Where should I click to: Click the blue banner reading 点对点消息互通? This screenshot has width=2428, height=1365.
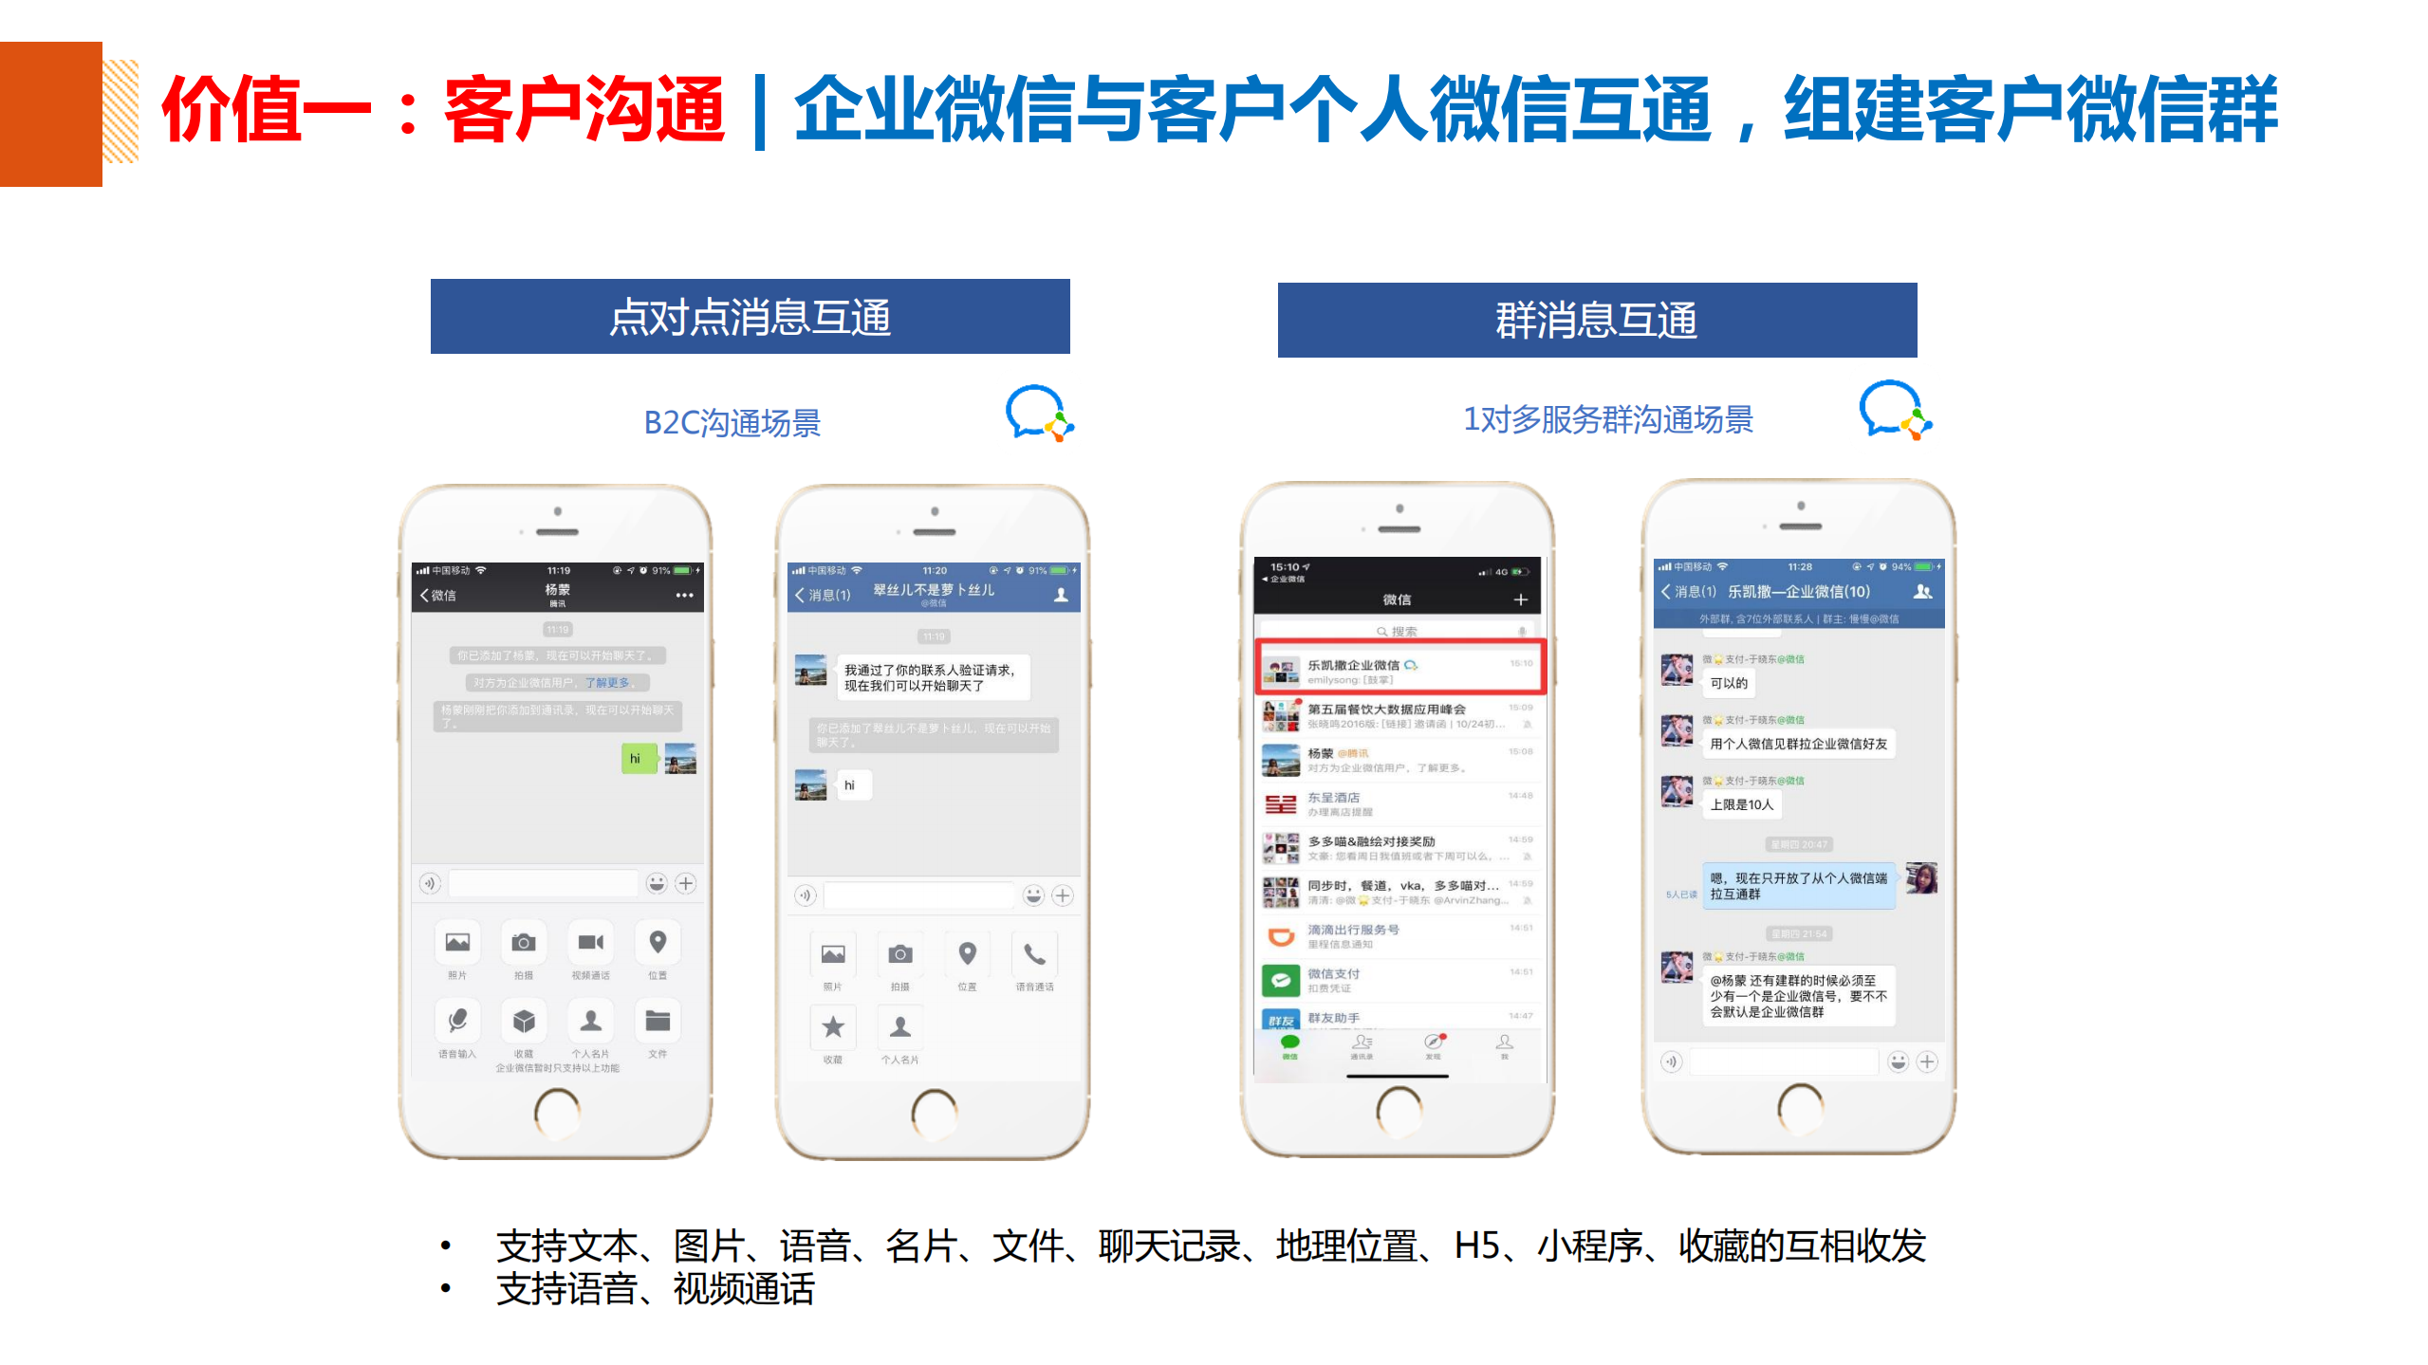click(x=750, y=317)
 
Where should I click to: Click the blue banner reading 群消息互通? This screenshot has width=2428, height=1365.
click(x=1596, y=321)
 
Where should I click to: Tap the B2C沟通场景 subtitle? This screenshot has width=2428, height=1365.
click(x=732, y=422)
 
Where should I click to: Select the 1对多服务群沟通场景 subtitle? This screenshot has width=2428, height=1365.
click(x=1607, y=419)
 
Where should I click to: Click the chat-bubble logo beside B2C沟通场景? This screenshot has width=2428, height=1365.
click(x=1038, y=414)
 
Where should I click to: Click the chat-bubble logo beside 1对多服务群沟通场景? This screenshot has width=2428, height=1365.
click(x=1894, y=410)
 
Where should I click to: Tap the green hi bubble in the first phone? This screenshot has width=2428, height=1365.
click(x=637, y=759)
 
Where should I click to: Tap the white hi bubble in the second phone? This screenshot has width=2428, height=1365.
click(x=850, y=785)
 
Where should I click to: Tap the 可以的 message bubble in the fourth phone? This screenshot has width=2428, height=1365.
click(x=1728, y=683)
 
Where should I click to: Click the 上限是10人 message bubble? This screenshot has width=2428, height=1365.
click(x=1740, y=804)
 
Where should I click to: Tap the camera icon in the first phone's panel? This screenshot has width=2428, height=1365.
click(x=524, y=943)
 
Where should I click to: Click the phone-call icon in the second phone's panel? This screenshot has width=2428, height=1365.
click(x=1034, y=954)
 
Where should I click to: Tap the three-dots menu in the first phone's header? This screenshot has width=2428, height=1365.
click(x=684, y=596)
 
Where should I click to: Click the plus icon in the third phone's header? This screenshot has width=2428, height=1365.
click(x=1520, y=599)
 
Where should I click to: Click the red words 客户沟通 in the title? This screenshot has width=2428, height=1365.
click(x=584, y=110)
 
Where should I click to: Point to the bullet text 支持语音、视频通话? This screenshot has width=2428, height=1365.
click(x=655, y=1289)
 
